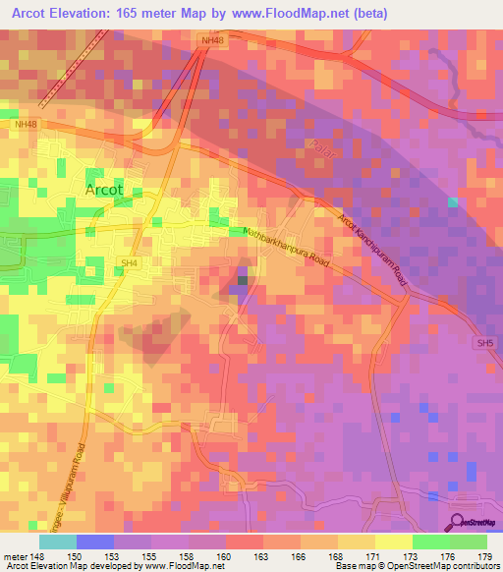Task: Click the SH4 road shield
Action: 127,261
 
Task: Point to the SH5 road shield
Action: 481,343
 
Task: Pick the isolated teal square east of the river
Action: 452,202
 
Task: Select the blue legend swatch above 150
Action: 95,542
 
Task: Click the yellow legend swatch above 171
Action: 393,542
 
